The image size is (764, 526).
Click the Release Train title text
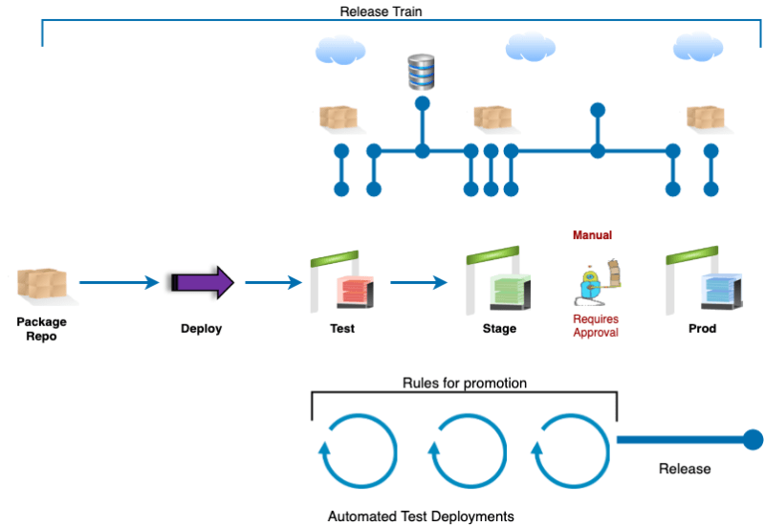click(x=382, y=12)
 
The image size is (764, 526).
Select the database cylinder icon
click(x=421, y=71)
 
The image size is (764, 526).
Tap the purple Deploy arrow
click(x=202, y=282)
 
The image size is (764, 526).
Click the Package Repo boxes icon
click(x=43, y=285)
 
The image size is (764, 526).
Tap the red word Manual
click(x=592, y=235)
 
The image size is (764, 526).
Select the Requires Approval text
click(x=595, y=326)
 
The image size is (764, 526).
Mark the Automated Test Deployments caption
click(x=421, y=515)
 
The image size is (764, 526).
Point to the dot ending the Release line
click(x=753, y=439)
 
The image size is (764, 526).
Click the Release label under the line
click(x=685, y=469)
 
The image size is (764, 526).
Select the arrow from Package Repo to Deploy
click(x=119, y=282)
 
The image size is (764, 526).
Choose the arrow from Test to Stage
click(x=419, y=282)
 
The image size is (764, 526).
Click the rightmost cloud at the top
click(x=697, y=46)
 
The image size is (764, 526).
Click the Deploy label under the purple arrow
click(x=202, y=329)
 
